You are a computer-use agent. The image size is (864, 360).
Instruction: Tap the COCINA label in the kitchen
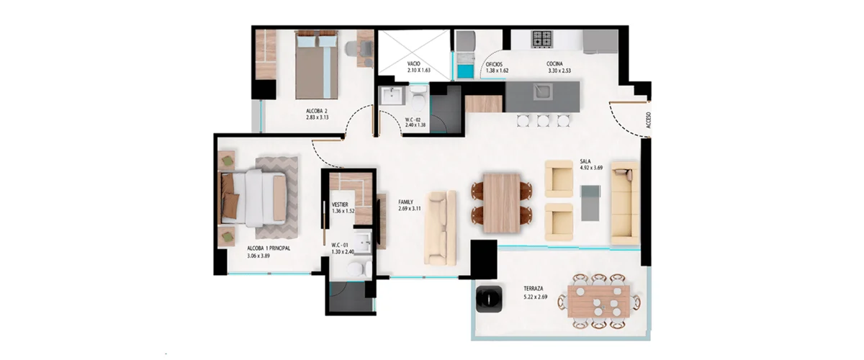[554, 64]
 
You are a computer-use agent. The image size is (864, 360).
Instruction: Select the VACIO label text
[413, 63]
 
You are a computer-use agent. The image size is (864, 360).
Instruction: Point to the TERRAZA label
[534, 289]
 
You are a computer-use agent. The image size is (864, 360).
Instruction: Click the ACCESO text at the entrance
[648, 120]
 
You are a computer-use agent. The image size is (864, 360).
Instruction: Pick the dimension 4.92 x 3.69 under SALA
[591, 168]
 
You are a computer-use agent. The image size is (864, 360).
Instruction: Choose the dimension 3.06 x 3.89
[258, 256]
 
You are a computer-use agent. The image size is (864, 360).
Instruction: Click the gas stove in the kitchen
[542, 39]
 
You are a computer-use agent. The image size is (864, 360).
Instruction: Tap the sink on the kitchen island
[543, 91]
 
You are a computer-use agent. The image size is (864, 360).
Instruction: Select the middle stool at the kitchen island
[543, 121]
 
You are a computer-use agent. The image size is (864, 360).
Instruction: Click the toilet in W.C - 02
[418, 99]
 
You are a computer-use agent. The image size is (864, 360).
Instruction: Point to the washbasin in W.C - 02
[392, 95]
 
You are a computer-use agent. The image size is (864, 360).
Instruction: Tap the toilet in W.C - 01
[359, 269]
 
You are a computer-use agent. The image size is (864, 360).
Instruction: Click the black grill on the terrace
[489, 299]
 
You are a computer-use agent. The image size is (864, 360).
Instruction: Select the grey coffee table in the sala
[590, 203]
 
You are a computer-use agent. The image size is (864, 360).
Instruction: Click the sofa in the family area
[440, 228]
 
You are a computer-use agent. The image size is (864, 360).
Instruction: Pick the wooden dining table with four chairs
[501, 203]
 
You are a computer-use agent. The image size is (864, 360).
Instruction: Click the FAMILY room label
[406, 202]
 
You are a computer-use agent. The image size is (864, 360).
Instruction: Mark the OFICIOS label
[494, 64]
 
